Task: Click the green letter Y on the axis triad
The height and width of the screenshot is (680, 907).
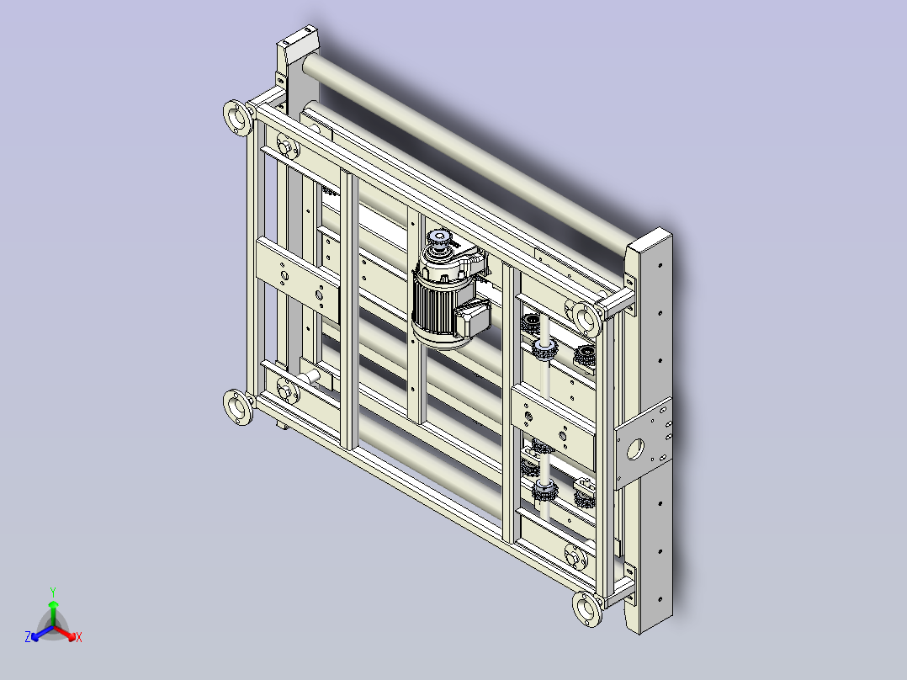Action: tap(53, 592)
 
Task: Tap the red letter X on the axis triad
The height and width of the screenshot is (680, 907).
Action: tap(79, 637)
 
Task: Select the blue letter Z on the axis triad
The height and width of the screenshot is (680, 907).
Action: tap(28, 636)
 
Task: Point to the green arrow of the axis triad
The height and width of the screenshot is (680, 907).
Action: tap(53, 613)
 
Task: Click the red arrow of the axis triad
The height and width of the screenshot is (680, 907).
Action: tap(65, 633)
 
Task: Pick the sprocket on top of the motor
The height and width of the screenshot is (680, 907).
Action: tap(439, 238)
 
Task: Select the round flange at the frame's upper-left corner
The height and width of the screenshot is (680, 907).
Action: tap(238, 118)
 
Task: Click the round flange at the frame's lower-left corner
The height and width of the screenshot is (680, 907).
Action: tap(238, 406)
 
